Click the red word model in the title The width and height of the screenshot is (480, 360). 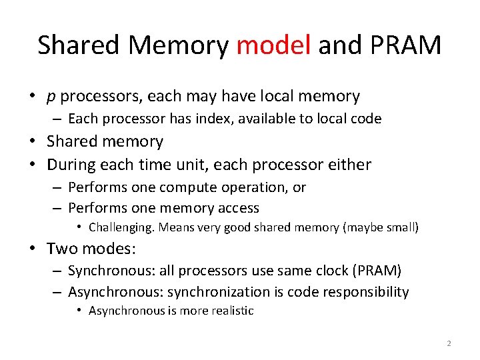(273, 45)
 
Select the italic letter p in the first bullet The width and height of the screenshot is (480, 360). (51, 97)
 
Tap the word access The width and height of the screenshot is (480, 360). (235, 208)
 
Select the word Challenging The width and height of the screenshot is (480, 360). (121, 227)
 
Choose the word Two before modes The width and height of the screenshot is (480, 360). (61, 249)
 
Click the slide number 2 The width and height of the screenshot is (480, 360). (449, 343)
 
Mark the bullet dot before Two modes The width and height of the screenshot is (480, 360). (32, 249)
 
